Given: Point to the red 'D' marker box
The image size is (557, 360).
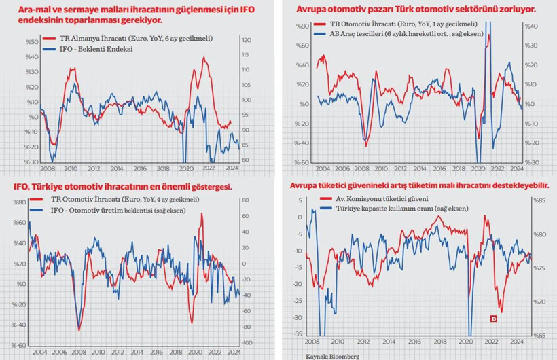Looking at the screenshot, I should (x=494, y=319).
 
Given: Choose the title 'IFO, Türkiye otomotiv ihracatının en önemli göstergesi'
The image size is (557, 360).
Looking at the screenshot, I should (x=122, y=187).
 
